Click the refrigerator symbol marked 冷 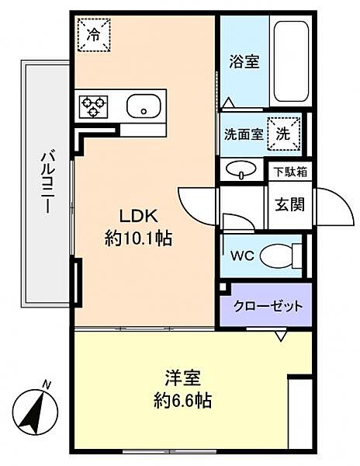pos(94,34)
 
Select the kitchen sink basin pos(144,106)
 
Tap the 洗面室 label pos(242,134)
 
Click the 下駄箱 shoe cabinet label pos(289,172)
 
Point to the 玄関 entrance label pos(289,206)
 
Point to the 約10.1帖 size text pos(138,238)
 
